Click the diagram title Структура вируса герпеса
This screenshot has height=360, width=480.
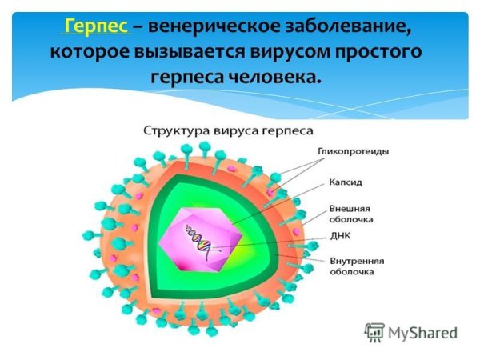pyautogui.click(x=228, y=130)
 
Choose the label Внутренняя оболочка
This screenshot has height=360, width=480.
pyautogui.click(x=357, y=266)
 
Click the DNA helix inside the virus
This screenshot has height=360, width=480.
pyautogui.click(x=200, y=239)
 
